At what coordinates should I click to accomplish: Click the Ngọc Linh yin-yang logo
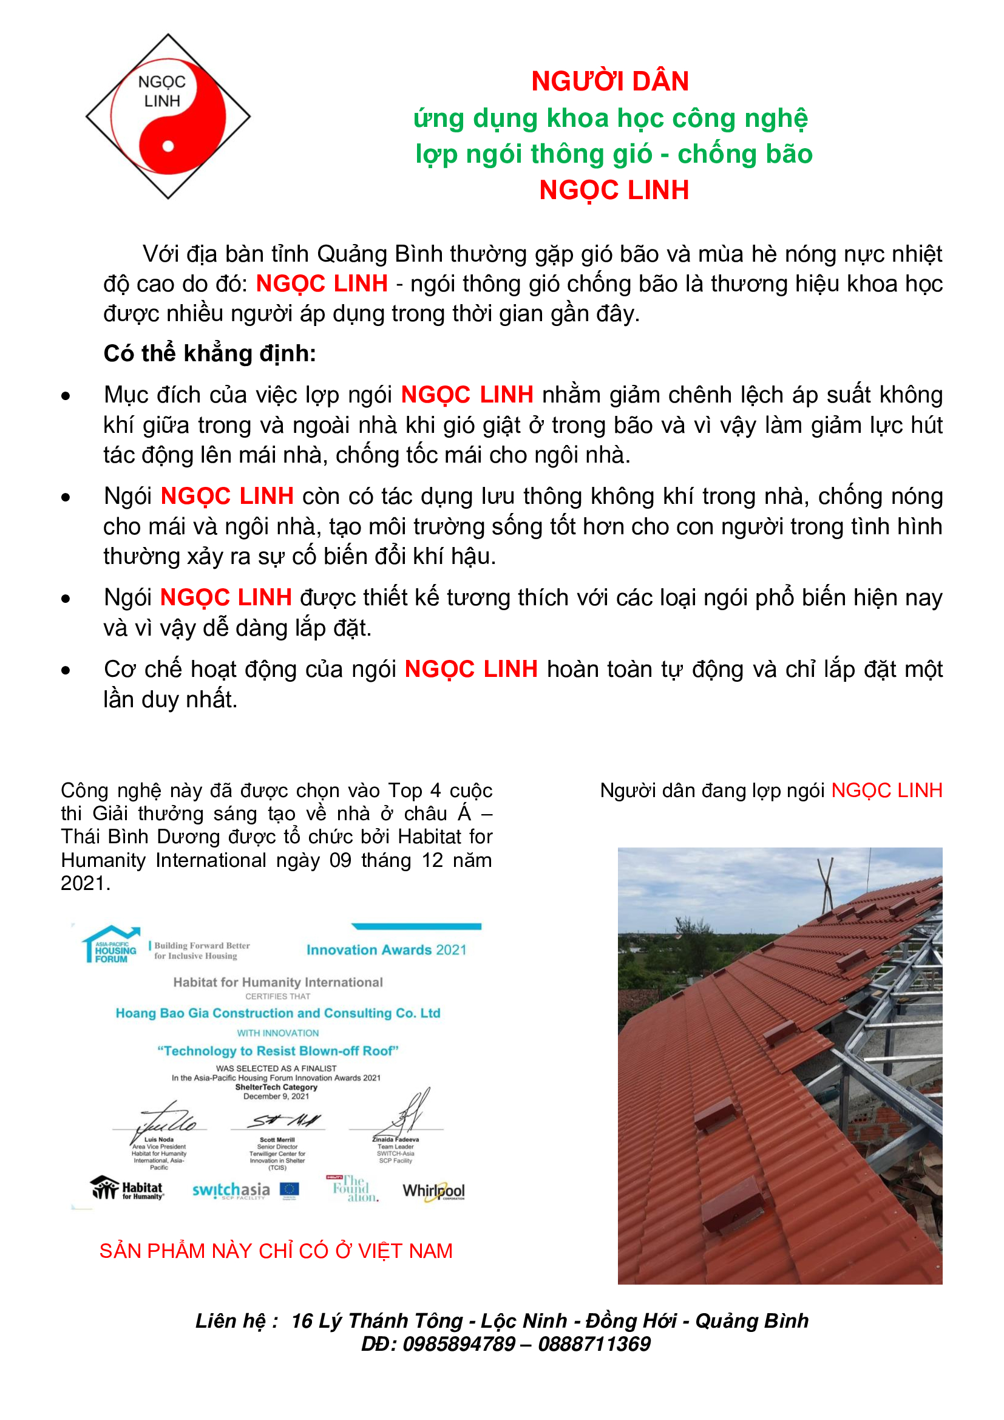pos(168,117)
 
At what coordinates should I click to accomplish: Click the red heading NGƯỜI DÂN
pos(609,81)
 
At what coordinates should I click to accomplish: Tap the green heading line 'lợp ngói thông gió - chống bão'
pos(613,154)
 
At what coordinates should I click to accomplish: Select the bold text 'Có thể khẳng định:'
pos(209,353)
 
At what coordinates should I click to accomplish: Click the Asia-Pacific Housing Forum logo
pos(111,945)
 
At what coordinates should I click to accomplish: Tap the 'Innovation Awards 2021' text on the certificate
pos(387,949)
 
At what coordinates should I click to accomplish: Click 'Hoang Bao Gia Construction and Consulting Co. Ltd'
pos(277,1013)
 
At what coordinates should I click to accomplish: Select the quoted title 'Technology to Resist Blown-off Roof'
pos(277,1051)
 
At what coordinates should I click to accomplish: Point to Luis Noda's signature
pos(164,1119)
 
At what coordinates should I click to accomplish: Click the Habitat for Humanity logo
pos(127,1189)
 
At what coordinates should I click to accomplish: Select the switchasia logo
pos(231,1190)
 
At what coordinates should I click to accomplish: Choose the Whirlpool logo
pos(433,1191)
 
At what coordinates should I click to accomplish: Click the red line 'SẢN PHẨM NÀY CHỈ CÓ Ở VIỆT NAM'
pos(276,1251)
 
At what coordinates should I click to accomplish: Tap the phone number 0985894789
pos(459,1344)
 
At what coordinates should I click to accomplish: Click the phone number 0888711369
pos(594,1344)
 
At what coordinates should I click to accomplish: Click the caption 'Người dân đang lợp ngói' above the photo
pos(712,790)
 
